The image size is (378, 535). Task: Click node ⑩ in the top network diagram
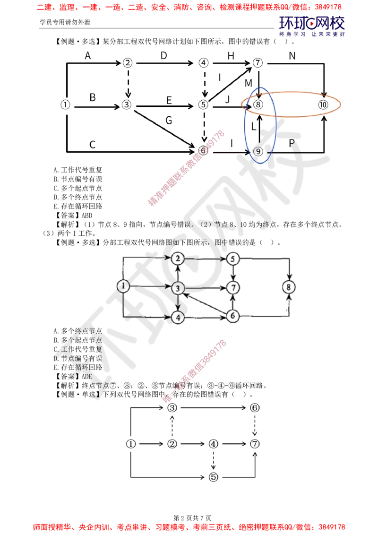(323, 104)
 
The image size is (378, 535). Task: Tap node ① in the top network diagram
(65, 104)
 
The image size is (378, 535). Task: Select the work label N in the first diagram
(292, 56)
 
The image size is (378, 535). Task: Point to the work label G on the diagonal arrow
(169, 121)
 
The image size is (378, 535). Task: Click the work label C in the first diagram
(92, 145)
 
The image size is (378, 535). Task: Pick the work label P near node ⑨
(292, 143)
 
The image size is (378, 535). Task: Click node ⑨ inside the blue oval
(258, 152)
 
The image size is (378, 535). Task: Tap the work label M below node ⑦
(249, 83)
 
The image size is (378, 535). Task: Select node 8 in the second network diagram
(289, 287)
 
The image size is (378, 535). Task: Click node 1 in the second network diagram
(123, 286)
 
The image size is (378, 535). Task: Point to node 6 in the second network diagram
(232, 316)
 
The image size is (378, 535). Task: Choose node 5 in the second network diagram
(232, 259)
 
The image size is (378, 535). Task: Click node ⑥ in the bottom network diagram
(255, 408)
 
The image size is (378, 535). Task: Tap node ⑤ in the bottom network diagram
(213, 477)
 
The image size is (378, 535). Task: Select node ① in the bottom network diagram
(131, 444)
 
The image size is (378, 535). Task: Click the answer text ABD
(87, 216)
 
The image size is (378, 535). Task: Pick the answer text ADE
(87, 376)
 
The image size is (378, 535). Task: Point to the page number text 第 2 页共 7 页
(192, 518)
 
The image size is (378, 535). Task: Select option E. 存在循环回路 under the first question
(78, 206)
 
